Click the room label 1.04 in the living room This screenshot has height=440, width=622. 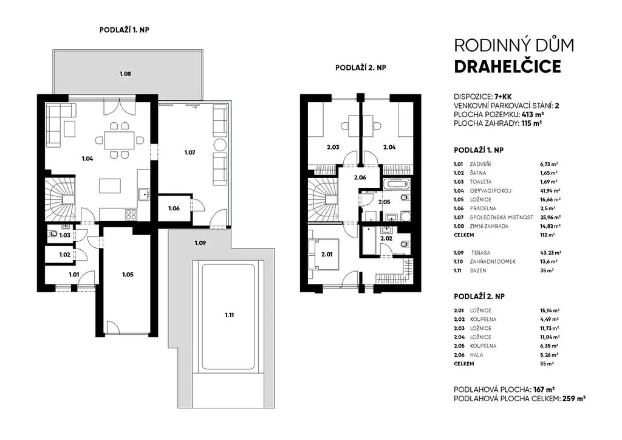click(87, 159)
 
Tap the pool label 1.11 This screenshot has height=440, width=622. click(229, 315)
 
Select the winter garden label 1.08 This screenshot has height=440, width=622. click(125, 74)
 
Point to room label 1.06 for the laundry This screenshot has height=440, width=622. click(174, 208)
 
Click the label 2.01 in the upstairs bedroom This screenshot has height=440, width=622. click(327, 254)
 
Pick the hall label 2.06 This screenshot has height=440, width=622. click(360, 177)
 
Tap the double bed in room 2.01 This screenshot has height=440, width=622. click(326, 254)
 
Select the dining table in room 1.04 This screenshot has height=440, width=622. click(120, 140)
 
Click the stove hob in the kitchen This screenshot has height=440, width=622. click(131, 215)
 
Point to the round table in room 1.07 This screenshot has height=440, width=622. click(220, 145)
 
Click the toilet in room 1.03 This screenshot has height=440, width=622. click(53, 234)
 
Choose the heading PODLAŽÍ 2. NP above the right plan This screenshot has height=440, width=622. click(361, 67)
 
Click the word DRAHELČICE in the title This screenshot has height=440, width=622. click(507, 67)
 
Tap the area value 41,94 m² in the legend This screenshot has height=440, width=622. click(547, 191)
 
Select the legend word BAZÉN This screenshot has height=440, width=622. click(478, 270)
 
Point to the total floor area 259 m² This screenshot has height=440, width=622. click(574, 399)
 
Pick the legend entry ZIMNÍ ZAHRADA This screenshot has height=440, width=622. click(489, 226)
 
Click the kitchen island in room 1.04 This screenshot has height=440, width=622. click(110, 186)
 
